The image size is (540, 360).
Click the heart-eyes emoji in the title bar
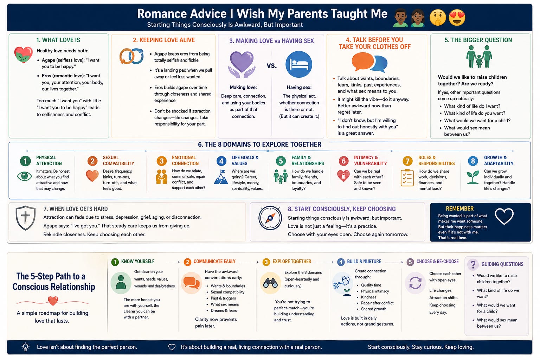pos(457,18)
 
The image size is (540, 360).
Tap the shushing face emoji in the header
pos(438,18)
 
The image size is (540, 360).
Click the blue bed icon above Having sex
pos(299,64)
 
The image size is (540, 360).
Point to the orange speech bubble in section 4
pos(362,62)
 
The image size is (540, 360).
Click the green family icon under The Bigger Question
pos(479,56)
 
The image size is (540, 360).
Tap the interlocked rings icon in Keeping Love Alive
pos(131,56)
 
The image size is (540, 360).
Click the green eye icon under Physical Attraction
pos(24,176)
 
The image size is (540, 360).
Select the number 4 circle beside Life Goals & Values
pos(221,161)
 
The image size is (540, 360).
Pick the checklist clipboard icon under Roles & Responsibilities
pos(407,178)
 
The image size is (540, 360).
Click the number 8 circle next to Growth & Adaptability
pos(473,161)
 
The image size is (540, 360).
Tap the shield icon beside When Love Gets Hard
pos(26,218)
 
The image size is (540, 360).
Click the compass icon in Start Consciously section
pos(270,218)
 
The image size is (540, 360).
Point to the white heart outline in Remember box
pos(504,216)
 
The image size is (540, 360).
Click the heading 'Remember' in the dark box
pos(459,208)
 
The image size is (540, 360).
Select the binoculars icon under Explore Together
pos(270,283)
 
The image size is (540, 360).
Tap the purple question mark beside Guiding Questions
pos(473,264)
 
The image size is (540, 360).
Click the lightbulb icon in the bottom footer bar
pos(26,347)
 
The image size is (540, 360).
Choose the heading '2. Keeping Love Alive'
pos(164,40)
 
